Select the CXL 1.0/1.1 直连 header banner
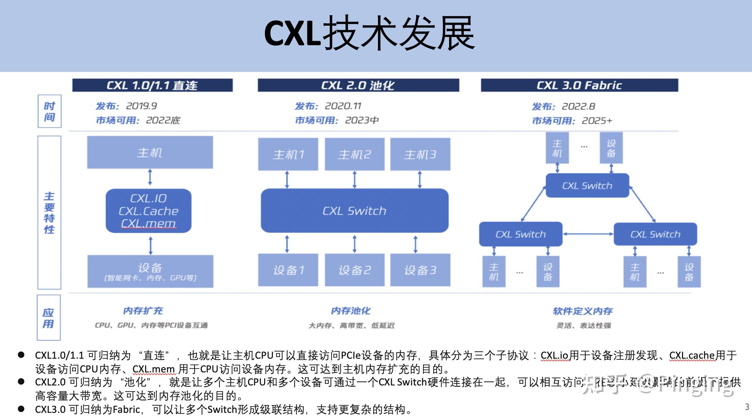click(152, 85)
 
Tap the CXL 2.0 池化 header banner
click(358, 85)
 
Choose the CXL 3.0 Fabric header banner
click(579, 85)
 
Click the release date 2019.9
click(141, 106)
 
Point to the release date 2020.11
click(343, 106)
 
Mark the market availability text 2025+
click(597, 121)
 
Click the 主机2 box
click(354, 155)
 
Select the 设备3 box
click(420, 270)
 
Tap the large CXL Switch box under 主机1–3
click(354, 211)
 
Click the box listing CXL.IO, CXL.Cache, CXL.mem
click(149, 211)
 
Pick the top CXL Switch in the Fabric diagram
click(587, 186)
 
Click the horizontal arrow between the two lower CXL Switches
click(588, 234)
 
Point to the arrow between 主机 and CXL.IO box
click(150, 177)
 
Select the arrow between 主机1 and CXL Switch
click(287, 179)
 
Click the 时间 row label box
click(49, 111)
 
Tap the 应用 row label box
click(48, 318)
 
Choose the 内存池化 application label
click(351, 311)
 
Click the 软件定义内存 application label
click(583, 311)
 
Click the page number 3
click(747, 407)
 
